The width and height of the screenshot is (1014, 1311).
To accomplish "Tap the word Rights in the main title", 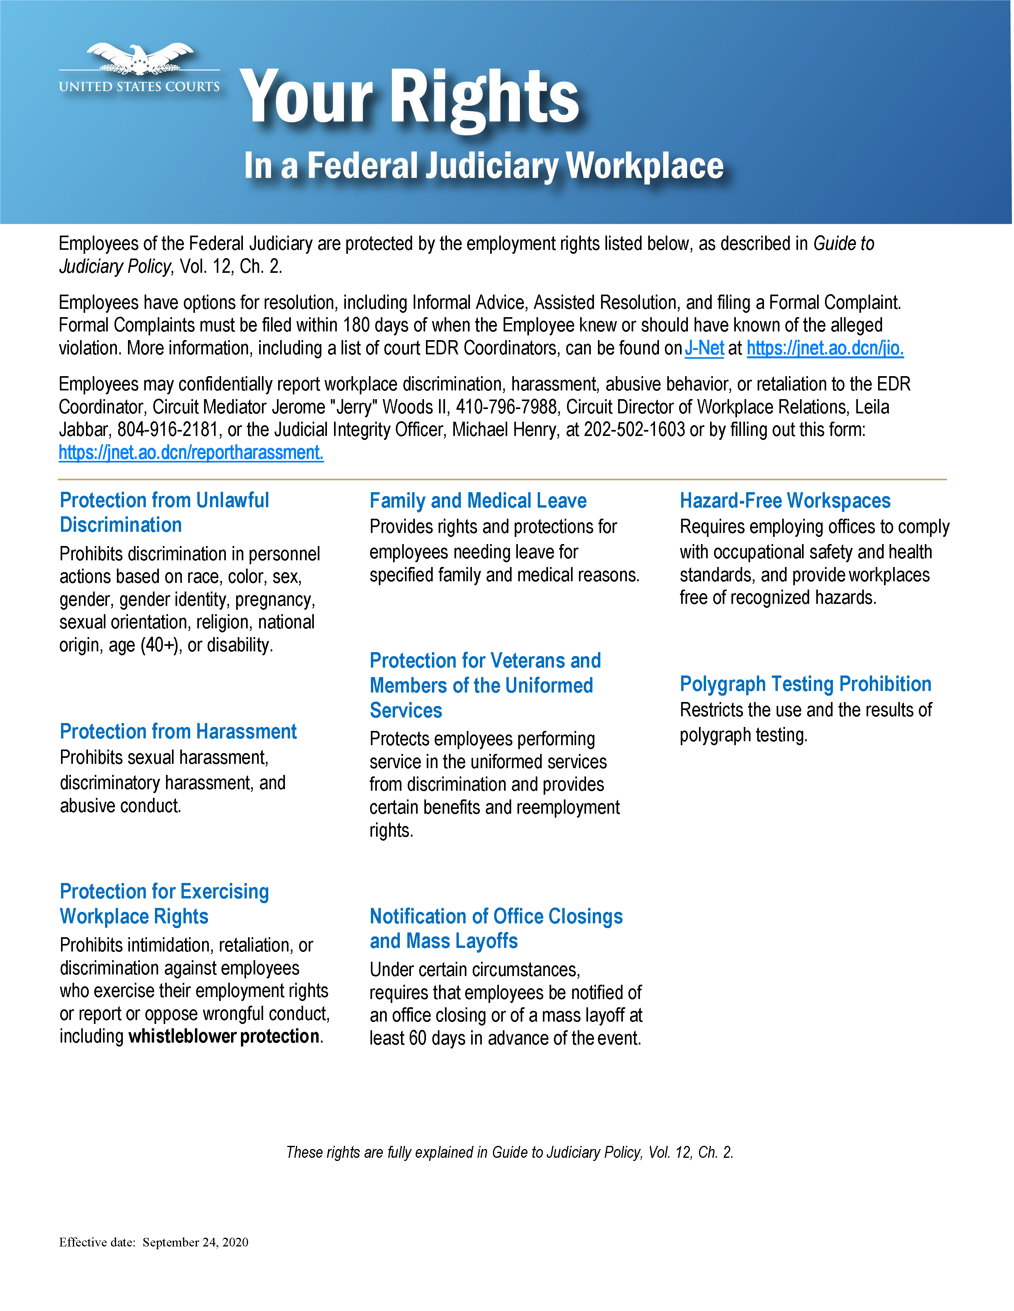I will click(485, 97).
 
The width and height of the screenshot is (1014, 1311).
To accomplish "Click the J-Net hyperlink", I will click(704, 348).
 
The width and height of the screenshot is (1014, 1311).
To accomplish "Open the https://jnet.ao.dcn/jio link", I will click(825, 348).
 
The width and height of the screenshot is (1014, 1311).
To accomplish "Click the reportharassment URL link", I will click(191, 453).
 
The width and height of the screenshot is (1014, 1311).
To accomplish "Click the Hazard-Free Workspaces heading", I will click(785, 500).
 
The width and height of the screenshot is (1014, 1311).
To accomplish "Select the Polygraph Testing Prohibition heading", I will click(805, 684).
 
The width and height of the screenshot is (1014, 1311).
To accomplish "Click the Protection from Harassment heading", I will click(178, 731).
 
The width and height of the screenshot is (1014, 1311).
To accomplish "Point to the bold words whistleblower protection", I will click(224, 1037).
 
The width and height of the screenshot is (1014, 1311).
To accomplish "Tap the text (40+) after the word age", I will click(160, 645).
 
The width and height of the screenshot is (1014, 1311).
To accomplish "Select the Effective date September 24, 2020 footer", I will click(154, 1242).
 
